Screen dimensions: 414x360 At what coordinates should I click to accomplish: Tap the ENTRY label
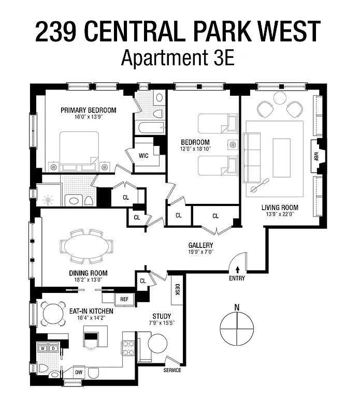click(x=237, y=278)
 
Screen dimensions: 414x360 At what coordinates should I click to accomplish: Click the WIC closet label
click(x=143, y=155)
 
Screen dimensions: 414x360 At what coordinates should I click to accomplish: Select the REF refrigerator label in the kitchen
click(x=124, y=299)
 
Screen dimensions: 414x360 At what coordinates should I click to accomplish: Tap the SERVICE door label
click(x=172, y=371)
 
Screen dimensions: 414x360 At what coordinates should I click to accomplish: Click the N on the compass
click(x=237, y=307)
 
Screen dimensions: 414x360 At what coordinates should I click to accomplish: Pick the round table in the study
click(x=157, y=344)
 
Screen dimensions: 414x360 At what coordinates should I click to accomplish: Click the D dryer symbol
click(x=52, y=349)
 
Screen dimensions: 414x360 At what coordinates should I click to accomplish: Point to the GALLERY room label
click(x=201, y=245)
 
